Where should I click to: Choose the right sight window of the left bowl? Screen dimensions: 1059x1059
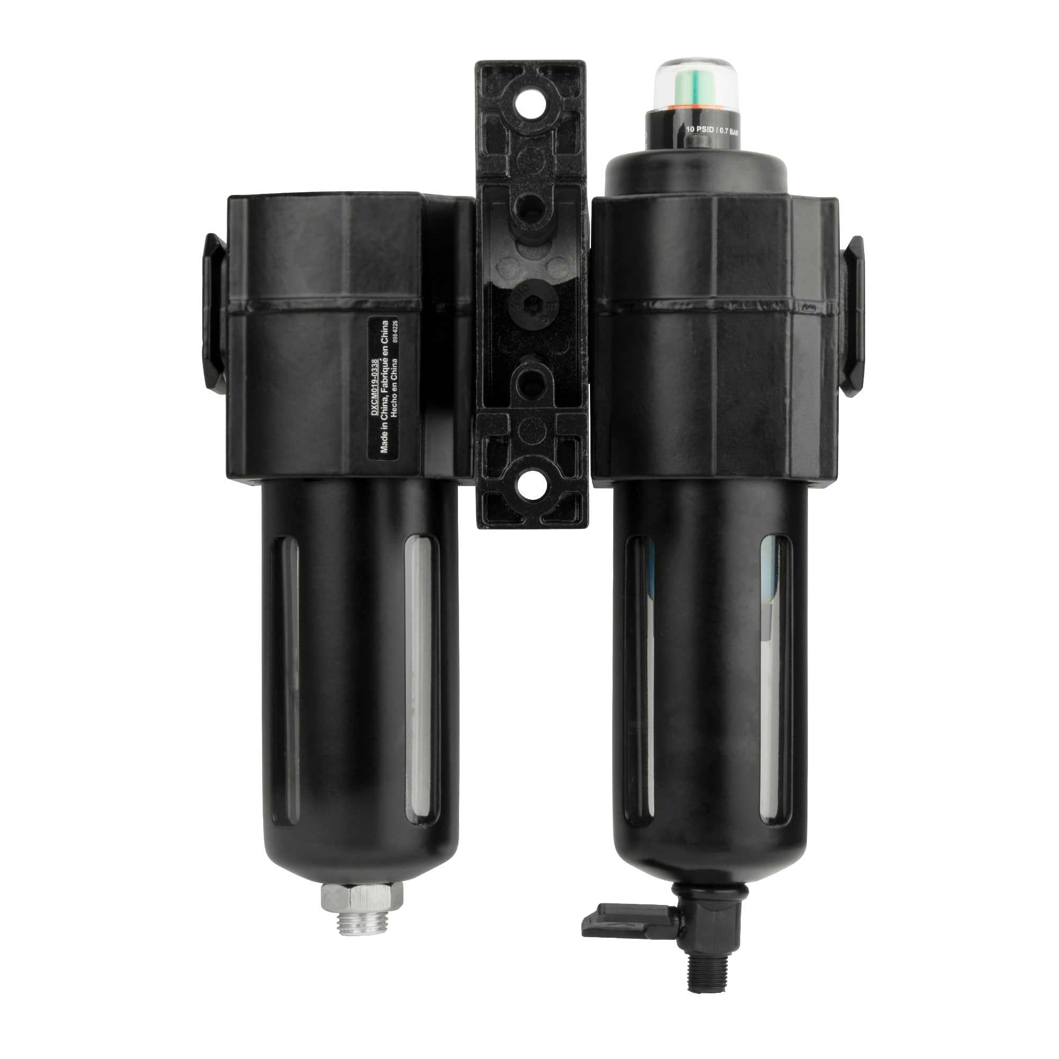point(421,680)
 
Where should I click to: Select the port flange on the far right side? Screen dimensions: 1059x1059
point(852,315)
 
